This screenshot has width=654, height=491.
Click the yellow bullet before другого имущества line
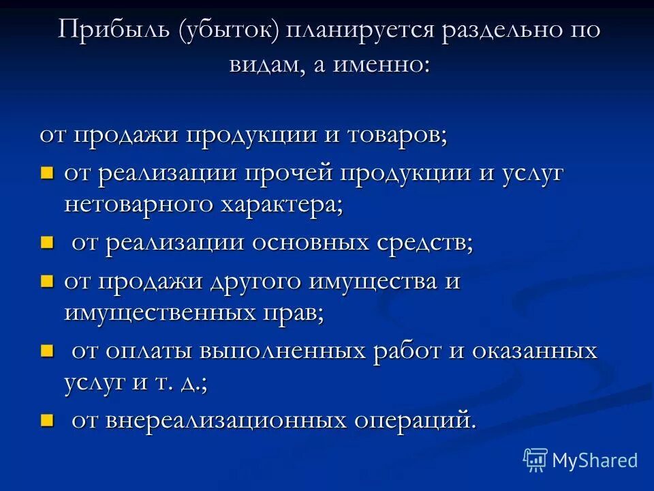(46, 281)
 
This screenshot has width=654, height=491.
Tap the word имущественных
(161, 314)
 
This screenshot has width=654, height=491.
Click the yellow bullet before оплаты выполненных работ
(46, 351)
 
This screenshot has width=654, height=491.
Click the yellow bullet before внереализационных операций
(46, 419)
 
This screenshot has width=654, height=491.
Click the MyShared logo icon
(535, 460)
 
